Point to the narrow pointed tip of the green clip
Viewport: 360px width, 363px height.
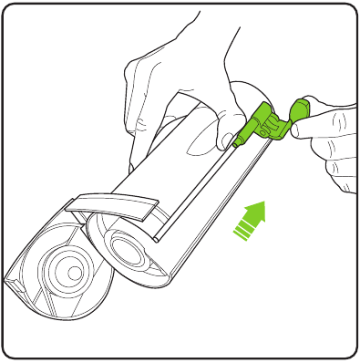pos(239,142)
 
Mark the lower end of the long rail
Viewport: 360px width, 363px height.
pos(157,239)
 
